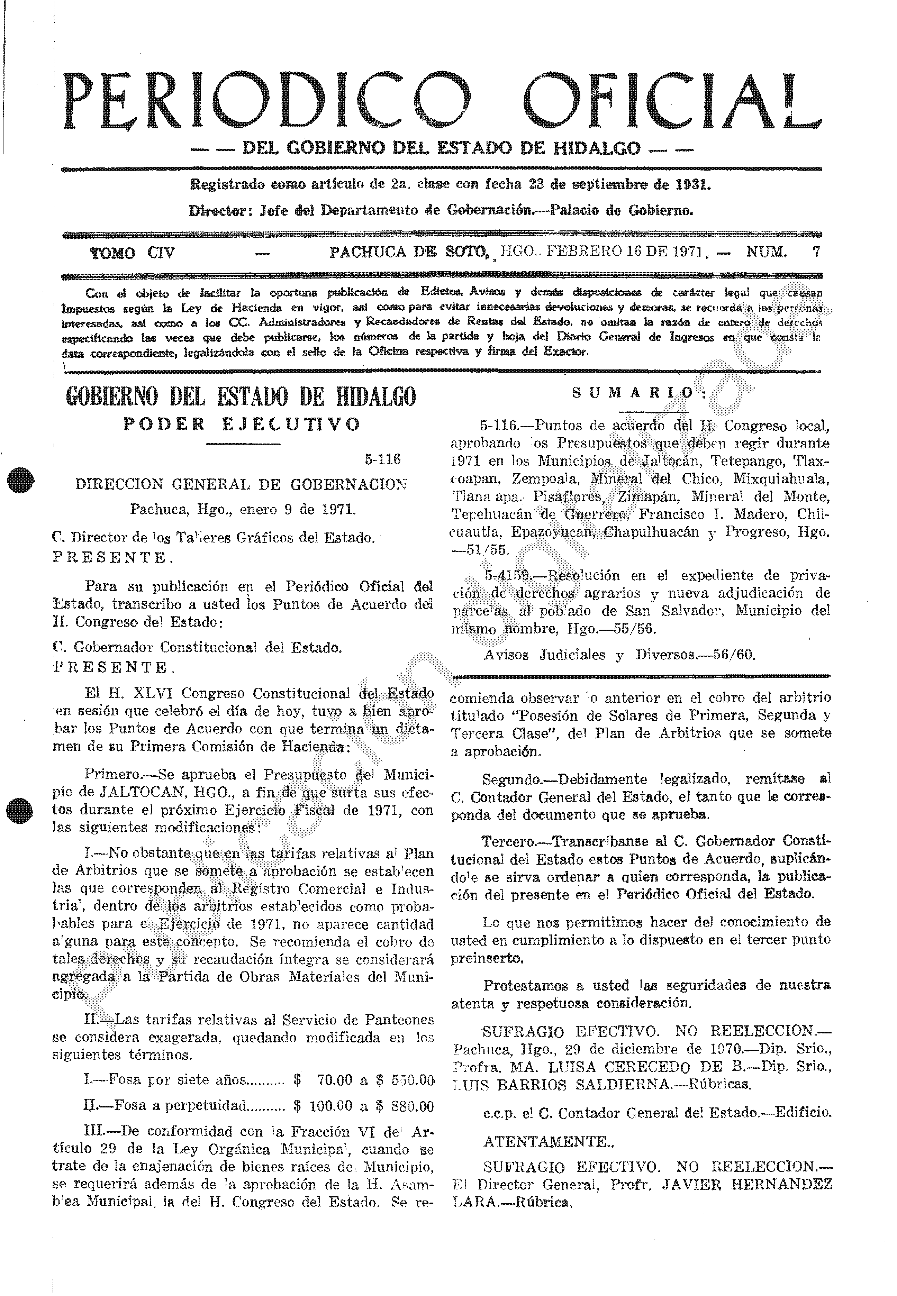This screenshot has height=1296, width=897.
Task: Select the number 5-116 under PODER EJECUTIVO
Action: click(x=382, y=459)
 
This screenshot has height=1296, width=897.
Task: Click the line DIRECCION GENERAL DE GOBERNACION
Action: click(x=241, y=484)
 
